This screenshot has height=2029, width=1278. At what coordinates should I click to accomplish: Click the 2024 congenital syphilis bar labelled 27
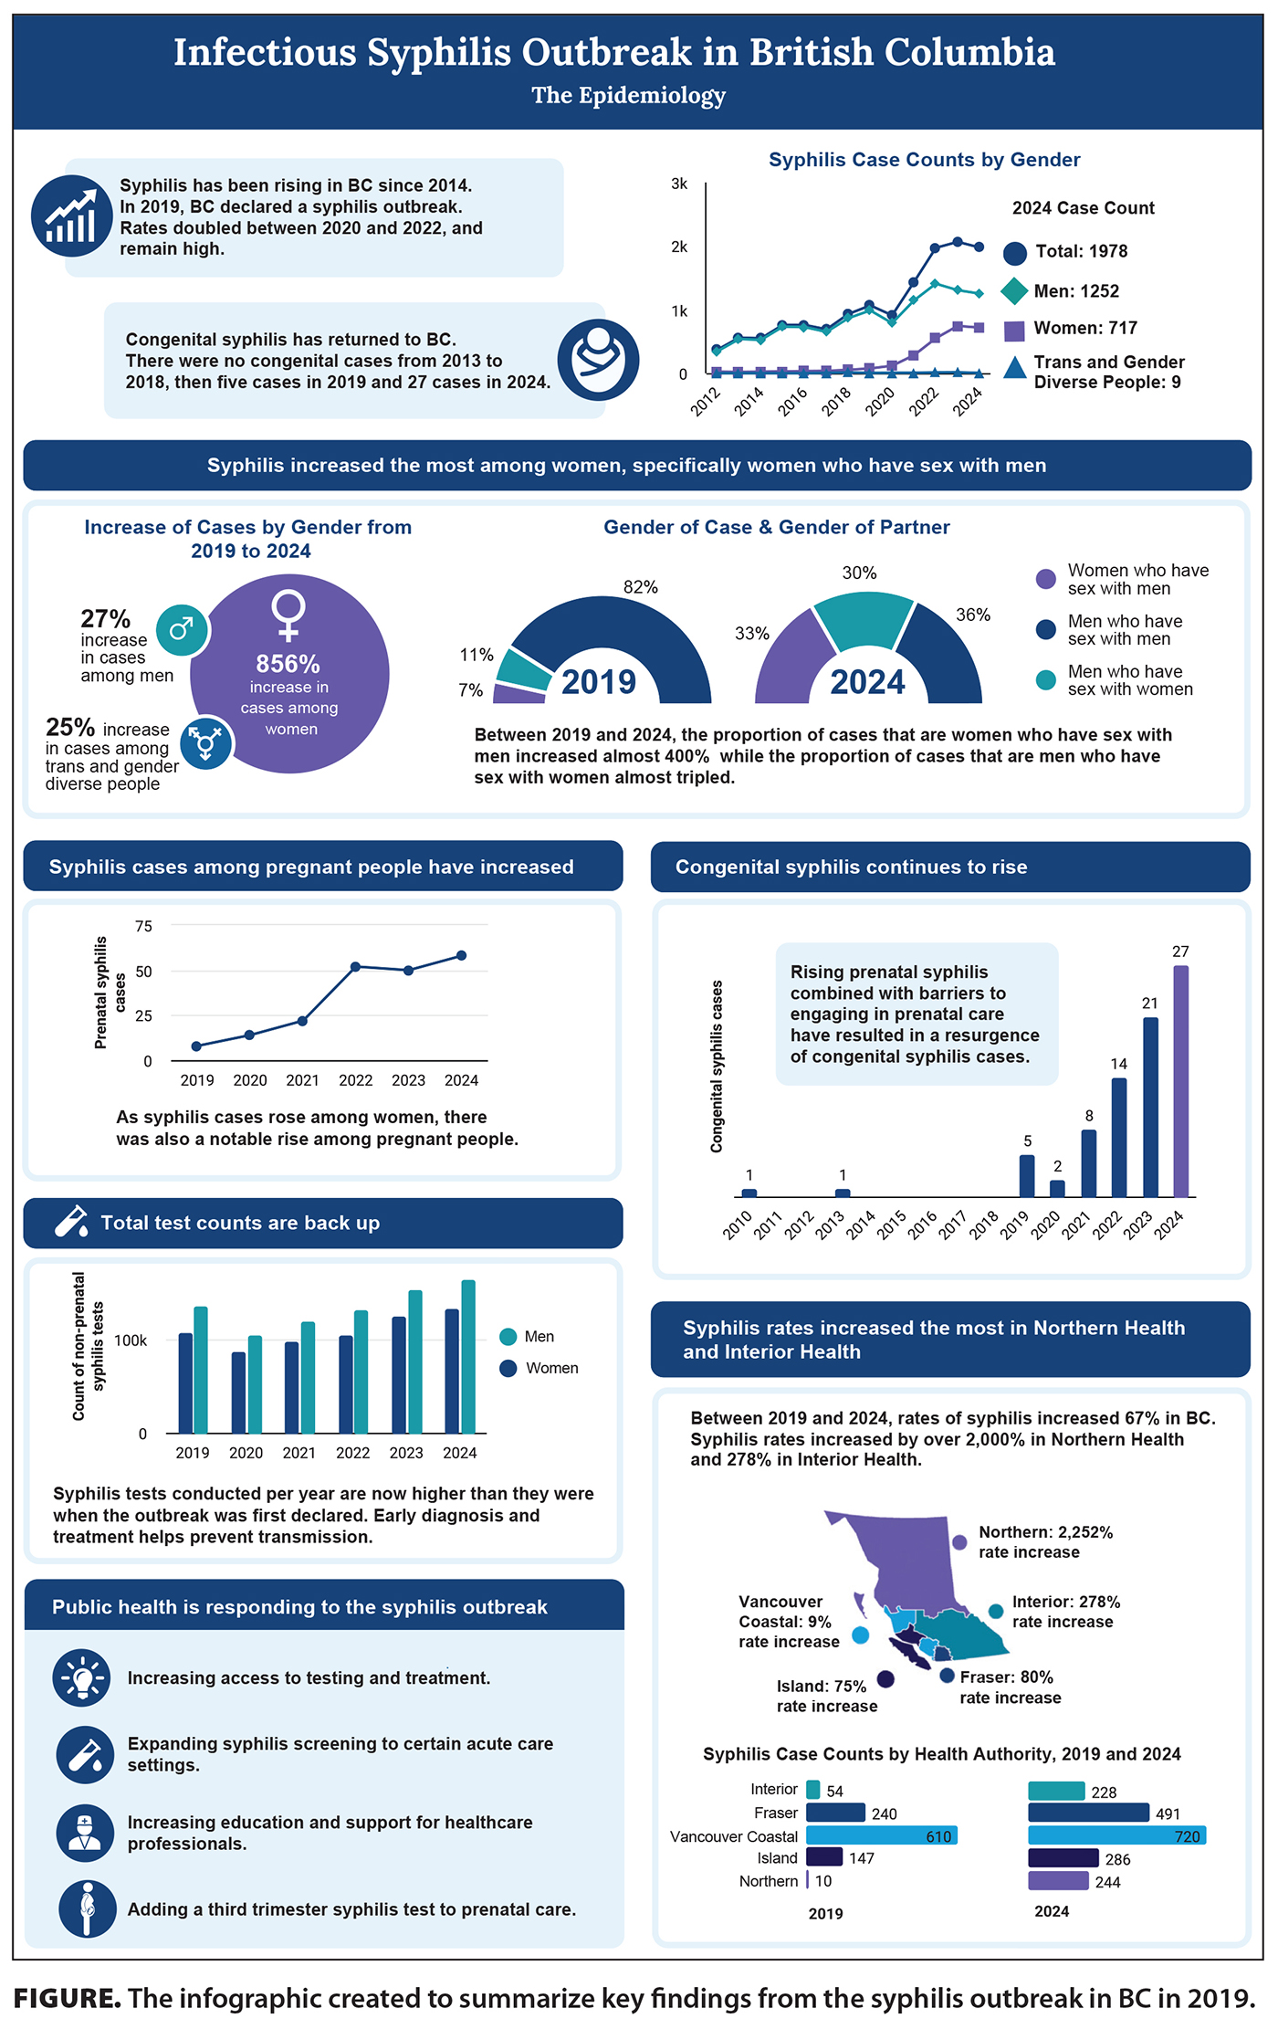[1180, 1081]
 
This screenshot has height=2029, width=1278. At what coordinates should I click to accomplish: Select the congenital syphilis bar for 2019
[1027, 1176]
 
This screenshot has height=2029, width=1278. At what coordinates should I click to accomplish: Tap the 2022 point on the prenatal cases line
[355, 966]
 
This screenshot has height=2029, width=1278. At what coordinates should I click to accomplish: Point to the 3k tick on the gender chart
[679, 184]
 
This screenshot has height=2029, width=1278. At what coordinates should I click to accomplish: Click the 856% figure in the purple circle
[288, 664]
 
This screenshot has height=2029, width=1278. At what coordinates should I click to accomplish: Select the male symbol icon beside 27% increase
[182, 628]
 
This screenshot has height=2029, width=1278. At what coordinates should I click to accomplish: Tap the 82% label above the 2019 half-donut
[640, 587]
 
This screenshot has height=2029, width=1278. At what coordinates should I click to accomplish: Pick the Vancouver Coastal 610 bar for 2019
[881, 1836]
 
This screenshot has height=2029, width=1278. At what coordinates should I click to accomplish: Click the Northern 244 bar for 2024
[1058, 1882]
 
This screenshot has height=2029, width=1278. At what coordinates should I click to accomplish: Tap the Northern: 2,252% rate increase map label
[1045, 1542]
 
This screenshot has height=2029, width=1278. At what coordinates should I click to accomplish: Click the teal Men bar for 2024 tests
[468, 1357]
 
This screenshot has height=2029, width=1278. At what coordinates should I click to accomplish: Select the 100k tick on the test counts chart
[131, 1340]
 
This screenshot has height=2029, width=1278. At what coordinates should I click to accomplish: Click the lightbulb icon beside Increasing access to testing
[82, 1678]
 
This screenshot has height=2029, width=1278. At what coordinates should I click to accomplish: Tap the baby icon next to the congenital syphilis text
[598, 360]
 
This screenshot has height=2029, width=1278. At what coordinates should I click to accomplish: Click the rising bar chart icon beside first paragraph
[72, 216]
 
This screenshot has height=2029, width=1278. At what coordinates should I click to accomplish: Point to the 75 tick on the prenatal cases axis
[143, 926]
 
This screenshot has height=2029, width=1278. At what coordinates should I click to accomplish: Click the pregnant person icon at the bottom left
[87, 1908]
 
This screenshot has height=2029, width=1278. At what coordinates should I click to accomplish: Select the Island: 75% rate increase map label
[826, 1696]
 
